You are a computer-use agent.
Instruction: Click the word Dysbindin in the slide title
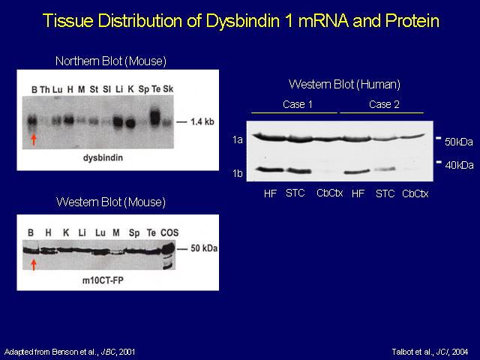coord(242,22)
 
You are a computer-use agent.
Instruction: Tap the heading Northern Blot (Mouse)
coord(111,61)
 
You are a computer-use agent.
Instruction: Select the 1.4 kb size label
coord(202,121)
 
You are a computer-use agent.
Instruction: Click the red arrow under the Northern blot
coord(34,139)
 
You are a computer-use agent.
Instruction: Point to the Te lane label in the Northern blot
coord(156,89)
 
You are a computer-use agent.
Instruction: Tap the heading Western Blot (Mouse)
coord(111,202)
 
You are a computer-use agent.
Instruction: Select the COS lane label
coord(169,233)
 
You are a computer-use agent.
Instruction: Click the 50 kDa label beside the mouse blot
coord(204,248)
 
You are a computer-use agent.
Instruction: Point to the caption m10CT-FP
coord(103,280)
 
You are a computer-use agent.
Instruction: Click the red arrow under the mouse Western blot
coord(34,265)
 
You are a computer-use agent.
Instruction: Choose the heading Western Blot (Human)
coord(344,85)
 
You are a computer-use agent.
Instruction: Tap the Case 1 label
coord(298,105)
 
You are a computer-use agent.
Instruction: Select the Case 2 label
coord(384,105)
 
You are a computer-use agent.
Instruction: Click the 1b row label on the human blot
coord(238,173)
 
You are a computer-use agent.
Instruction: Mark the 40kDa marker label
coord(459,165)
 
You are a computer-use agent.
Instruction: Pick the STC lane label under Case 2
coord(385,193)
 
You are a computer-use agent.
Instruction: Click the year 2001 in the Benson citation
coord(127,352)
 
